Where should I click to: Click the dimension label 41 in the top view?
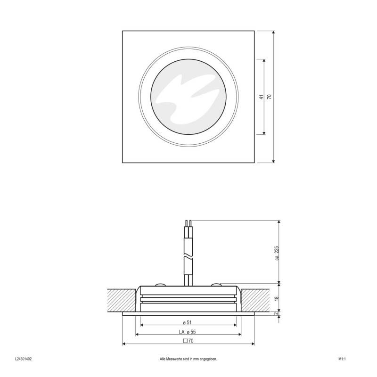click(x=261, y=97)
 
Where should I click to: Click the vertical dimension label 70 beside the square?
click(x=270, y=97)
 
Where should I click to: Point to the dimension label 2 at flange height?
click(x=277, y=314)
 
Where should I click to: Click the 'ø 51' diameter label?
click(x=188, y=322)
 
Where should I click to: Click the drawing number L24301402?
click(x=23, y=359)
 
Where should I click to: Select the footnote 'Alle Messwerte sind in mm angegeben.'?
click(x=188, y=359)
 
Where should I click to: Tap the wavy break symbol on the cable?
click(x=188, y=257)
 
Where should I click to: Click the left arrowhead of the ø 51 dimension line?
click(x=142, y=326)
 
